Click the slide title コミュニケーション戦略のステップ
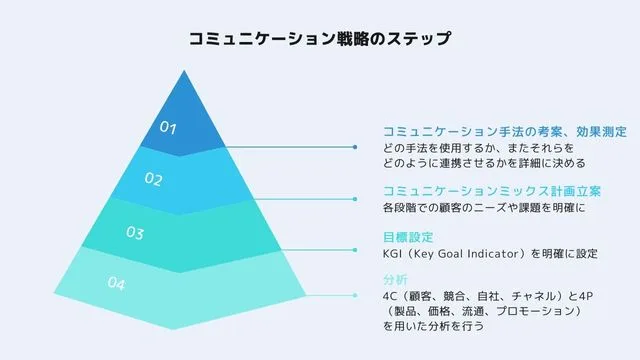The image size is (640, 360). (x=319, y=40)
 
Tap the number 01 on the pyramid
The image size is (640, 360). (x=168, y=128)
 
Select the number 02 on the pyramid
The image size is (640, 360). (x=153, y=180)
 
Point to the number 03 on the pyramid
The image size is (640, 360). (x=135, y=233)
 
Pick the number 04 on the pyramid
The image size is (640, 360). (x=116, y=285)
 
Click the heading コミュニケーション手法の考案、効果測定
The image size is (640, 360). (x=505, y=131)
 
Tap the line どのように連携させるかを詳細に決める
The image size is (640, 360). (x=483, y=162)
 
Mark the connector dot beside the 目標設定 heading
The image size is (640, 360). (x=356, y=245)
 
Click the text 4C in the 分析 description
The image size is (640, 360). (x=390, y=296)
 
